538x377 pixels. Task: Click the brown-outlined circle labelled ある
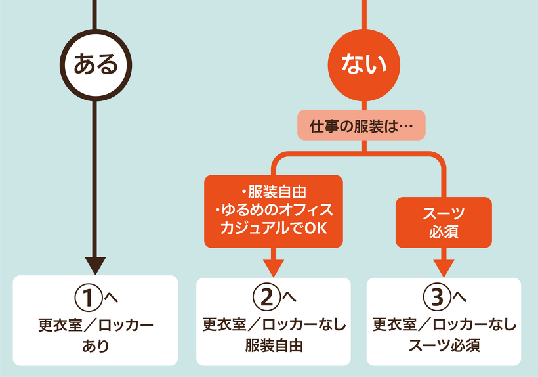pyautogui.click(x=96, y=64)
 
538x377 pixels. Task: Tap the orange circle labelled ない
pyautogui.click(x=362, y=64)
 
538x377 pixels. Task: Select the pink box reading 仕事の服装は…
pyautogui.click(x=362, y=125)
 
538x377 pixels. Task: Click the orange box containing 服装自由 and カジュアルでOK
pyautogui.click(x=274, y=211)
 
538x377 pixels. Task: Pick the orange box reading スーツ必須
pyautogui.click(x=444, y=222)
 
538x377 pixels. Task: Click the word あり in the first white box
pyautogui.click(x=96, y=345)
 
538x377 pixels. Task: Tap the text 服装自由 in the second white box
pyautogui.click(x=274, y=345)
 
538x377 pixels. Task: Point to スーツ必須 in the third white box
pyautogui.click(x=444, y=345)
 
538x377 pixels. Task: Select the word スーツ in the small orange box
pyautogui.click(x=444, y=213)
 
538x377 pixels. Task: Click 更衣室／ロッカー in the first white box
pyautogui.click(x=96, y=324)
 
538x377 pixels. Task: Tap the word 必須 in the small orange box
pyautogui.click(x=444, y=232)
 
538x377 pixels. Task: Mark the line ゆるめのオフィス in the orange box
pyautogui.click(x=274, y=210)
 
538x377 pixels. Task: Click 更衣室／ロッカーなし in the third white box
pyautogui.click(x=444, y=324)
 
